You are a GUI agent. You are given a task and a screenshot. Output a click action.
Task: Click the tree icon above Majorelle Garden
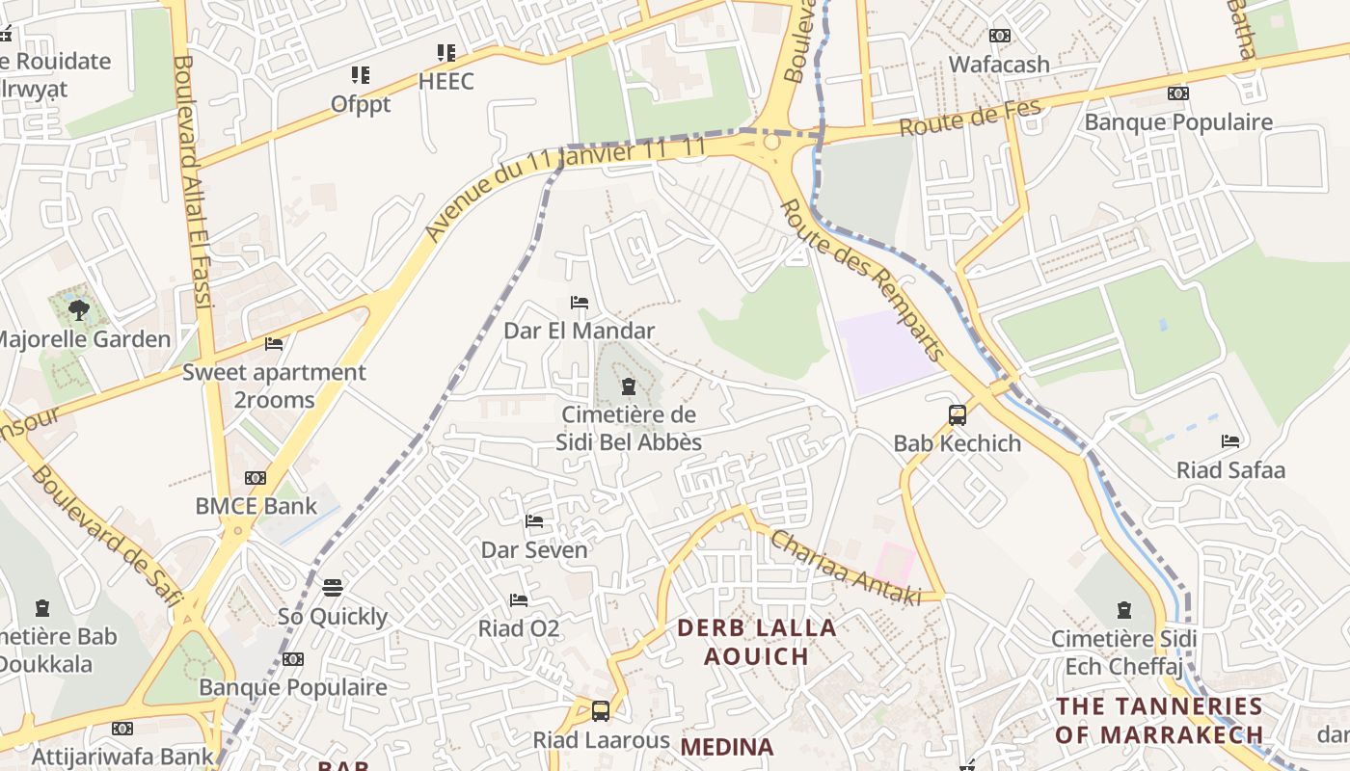(x=79, y=310)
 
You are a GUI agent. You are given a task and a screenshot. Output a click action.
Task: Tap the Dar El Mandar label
(x=579, y=331)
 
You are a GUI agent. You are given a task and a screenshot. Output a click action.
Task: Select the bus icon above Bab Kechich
(x=958, y=415)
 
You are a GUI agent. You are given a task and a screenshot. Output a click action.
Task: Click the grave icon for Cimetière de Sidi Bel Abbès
(x=629, y=387)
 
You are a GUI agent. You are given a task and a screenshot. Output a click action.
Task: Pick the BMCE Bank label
(x=256, y=506)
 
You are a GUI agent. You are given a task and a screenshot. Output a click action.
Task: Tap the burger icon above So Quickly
(x=333, y=588)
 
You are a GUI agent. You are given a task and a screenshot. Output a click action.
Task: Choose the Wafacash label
(x=999, y=65)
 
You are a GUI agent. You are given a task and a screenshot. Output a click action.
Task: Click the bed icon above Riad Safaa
(x=1230, y=441)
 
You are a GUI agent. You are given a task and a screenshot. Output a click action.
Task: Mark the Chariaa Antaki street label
(x=845, y=568)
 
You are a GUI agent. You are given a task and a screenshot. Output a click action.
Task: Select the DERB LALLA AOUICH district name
(x=756, y=642)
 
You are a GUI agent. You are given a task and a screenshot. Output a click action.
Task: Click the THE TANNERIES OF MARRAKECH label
(x=1158, y=720)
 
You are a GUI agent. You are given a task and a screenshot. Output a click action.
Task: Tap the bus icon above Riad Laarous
(x=601, y=711)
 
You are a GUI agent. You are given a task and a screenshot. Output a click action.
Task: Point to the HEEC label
(x=445, y=81)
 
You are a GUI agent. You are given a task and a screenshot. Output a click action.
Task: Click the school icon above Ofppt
(x=361, y=75)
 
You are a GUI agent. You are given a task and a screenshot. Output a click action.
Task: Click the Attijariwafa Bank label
(x=121, y=757)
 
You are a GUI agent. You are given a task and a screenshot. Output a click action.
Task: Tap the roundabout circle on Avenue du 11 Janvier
(x=770, y=143)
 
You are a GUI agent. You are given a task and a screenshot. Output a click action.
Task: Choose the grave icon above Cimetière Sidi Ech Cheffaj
(x=1124, y=609)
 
